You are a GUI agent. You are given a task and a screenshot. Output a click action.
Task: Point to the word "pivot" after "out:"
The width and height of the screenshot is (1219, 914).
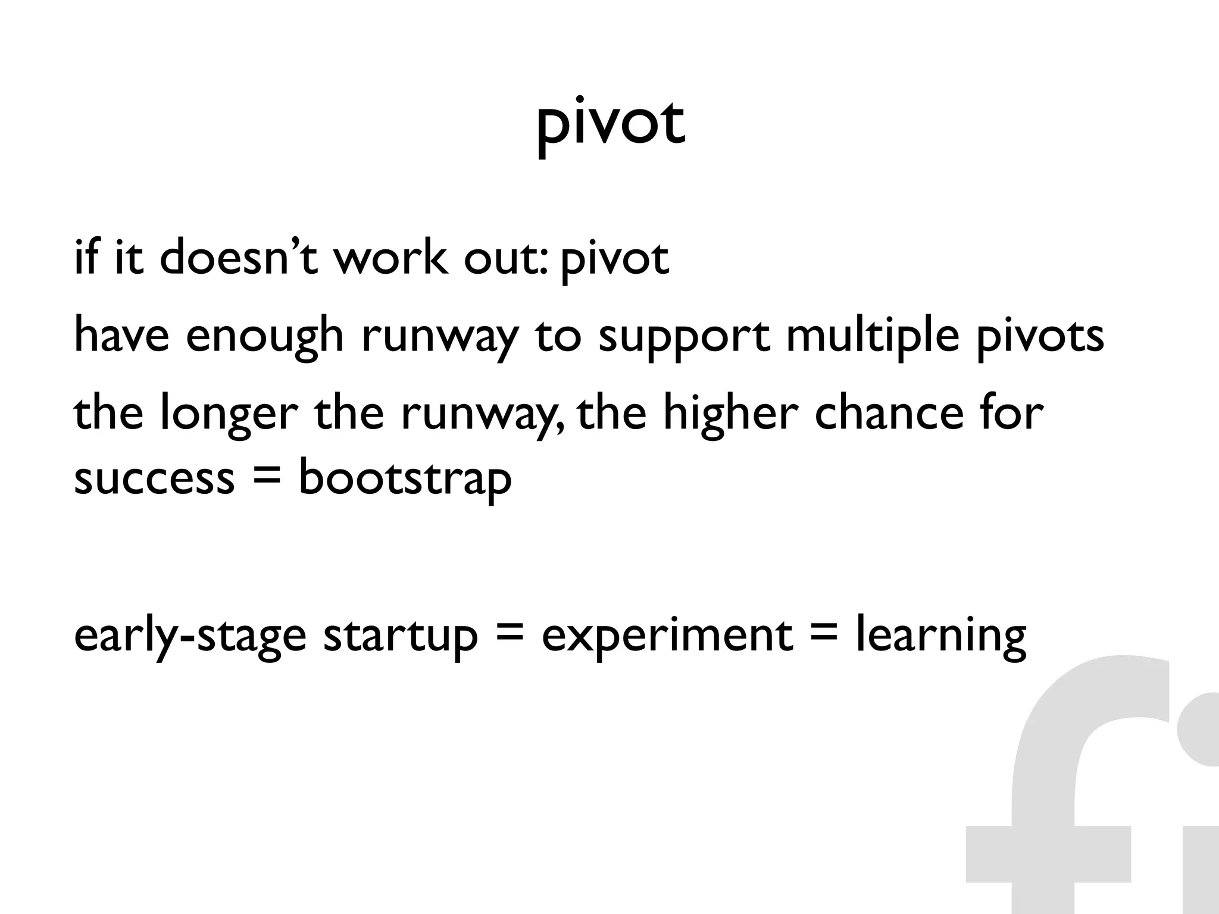[615, 261]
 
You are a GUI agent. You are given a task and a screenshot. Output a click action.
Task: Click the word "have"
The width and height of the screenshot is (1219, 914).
[122, 335]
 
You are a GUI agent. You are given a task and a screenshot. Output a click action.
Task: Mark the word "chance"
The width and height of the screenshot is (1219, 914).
[889, 413]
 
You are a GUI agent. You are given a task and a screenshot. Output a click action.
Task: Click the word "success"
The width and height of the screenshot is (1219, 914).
[154, 478]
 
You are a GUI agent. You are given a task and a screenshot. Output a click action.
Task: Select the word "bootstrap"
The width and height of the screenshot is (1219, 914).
[405, 480]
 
